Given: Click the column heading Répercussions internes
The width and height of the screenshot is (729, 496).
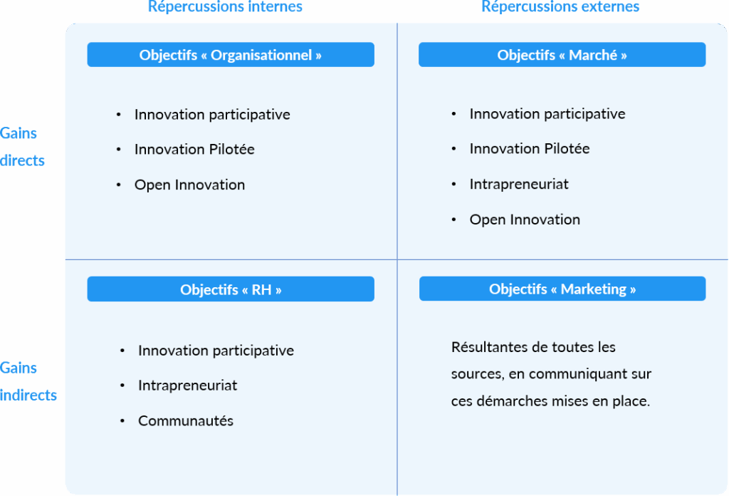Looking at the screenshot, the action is click(x=225, y=6).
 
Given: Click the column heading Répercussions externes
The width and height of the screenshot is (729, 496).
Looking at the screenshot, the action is click(x=560, y=6).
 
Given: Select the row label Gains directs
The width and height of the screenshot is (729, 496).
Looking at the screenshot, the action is click(x=22, y=147).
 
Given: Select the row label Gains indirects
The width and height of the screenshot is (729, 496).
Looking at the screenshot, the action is click(x=28, y=381).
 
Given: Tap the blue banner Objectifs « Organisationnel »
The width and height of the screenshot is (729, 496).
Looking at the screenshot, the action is click(x=231, y=55).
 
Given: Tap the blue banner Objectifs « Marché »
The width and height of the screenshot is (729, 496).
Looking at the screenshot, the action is click(x=562, y=55).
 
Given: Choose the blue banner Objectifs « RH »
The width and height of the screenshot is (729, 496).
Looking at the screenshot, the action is click(x=231, y=289).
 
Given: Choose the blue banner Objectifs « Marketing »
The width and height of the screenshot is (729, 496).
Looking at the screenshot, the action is click(x=562, y=289).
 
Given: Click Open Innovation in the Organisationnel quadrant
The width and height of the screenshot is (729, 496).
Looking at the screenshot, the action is click(x=189, y=185).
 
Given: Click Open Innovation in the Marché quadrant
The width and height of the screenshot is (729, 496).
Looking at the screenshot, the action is click(x=525, y=219).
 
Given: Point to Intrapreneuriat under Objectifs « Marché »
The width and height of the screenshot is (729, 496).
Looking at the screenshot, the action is click(x=519, y=185).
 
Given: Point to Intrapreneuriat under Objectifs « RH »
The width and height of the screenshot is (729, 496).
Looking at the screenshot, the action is click(x=187, y=386).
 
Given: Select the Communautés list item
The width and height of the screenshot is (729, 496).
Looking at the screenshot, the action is click(x=186, y=420).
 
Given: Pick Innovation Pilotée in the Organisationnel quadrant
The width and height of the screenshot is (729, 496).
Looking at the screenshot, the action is click(x=194, y=150).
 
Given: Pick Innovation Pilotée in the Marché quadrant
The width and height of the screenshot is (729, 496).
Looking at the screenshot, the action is click(x=530, y=149).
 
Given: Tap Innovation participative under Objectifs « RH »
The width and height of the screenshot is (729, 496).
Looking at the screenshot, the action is click(x=216, y=351).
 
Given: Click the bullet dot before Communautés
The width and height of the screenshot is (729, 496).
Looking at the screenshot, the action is click(x=122, y=420).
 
